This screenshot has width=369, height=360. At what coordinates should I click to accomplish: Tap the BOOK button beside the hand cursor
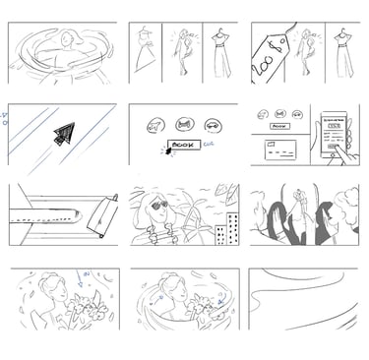coord(181,145)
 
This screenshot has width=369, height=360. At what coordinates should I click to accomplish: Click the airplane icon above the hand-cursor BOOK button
coord(154,125)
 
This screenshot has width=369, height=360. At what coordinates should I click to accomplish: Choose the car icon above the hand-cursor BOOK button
coord(213,125)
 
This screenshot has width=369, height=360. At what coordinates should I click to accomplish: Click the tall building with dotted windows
coord(228,228)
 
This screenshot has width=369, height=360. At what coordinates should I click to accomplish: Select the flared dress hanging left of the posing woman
coord(147,57)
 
